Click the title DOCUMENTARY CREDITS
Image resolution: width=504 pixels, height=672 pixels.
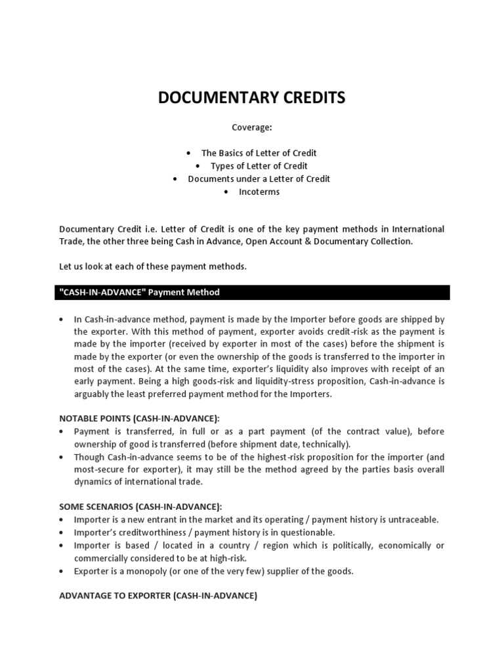pos(251,98)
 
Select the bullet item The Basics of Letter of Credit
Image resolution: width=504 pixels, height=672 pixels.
pos(259,153)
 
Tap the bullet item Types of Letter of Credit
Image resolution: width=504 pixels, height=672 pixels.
pos(259,166)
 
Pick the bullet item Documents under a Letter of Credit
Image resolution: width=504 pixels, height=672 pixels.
pos(259,178)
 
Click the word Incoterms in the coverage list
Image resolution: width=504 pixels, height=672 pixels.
pos(259,192)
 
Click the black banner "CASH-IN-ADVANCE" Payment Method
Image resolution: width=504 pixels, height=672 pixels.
pos(253,292)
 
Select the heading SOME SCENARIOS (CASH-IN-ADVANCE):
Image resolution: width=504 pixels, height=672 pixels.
pos(140,507)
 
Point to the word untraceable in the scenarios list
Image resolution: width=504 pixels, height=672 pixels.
pos(413,520)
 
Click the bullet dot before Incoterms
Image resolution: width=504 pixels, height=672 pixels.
pos(226,192)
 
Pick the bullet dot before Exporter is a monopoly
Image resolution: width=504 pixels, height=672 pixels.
pos(61,571)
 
